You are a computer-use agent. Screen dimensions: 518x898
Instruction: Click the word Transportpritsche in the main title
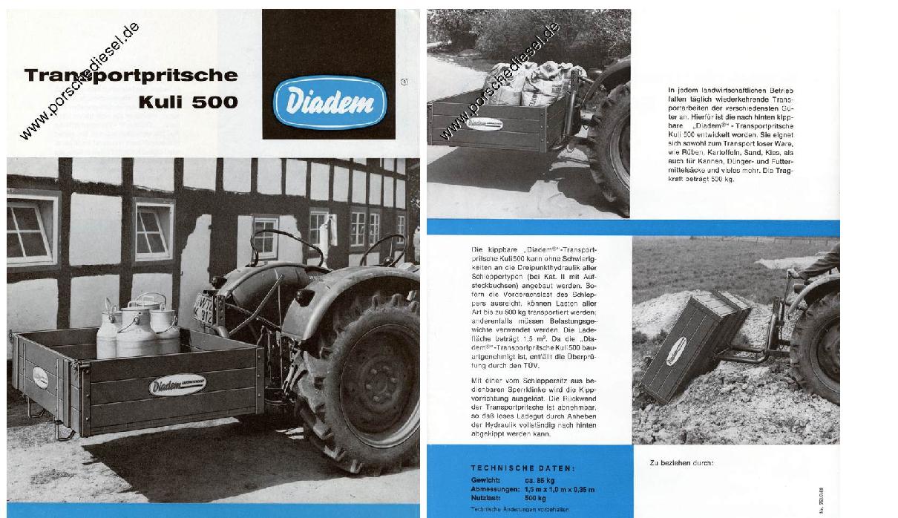(x=131, y=75)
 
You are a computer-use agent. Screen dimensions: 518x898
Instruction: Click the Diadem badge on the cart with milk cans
(x=177, y=384)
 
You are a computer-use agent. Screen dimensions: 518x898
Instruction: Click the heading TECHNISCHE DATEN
(x=522, y=468)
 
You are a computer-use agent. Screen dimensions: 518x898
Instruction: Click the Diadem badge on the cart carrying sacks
(x=485, y=124)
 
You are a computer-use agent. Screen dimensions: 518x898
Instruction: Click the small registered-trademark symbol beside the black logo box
(x=404, y=82)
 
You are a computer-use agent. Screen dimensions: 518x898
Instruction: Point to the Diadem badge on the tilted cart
(x=675, y=350)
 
